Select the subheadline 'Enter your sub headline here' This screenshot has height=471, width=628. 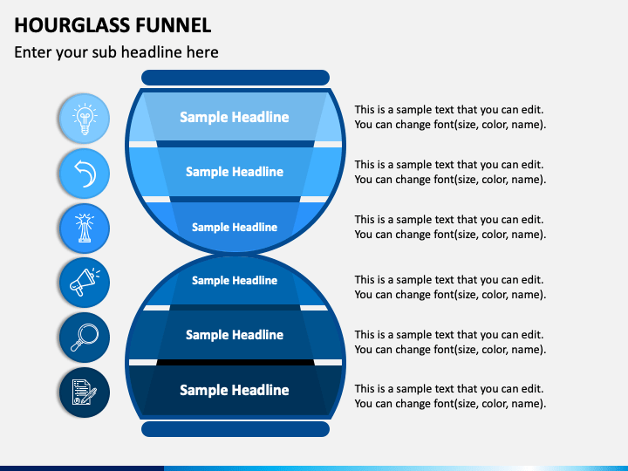116,52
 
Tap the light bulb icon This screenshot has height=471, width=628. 85,119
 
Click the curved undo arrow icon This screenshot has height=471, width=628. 85,174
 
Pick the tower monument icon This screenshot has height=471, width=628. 85,228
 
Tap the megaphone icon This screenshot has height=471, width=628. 85,283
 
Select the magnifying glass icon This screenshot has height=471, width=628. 85,338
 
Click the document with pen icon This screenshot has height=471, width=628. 85,392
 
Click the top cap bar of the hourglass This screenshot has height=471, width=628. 235,78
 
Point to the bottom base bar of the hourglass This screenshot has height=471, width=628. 235,429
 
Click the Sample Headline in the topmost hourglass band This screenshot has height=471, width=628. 235,117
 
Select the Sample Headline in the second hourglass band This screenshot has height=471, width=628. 235,172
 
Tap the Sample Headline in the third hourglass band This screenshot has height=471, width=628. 235,227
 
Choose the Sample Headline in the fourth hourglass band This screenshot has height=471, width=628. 235,280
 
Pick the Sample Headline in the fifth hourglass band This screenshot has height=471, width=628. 235,335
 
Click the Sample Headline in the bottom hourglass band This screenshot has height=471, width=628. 235,390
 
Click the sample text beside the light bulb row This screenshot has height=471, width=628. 450,117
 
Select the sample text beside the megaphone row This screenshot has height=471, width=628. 450,287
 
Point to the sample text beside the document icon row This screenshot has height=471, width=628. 450,396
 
